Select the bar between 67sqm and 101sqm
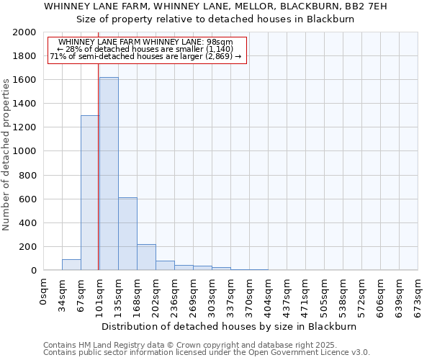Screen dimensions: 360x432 (90, 193)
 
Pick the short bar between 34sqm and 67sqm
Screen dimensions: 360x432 (71, 264)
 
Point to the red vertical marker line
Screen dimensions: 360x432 (98, 180)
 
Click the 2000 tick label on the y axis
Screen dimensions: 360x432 (25, 32)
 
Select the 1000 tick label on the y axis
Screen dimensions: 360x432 (25, 151)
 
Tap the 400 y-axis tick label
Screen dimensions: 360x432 (28, 222)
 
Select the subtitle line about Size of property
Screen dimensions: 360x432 (215, 19)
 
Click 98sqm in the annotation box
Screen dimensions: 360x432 (218, 42)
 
